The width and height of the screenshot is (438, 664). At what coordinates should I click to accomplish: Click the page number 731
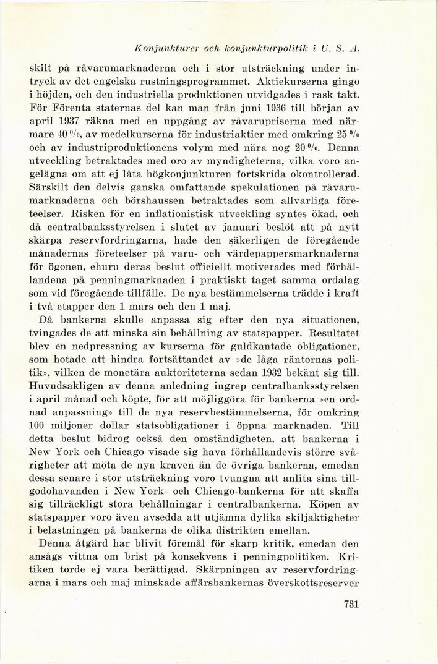350,604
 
